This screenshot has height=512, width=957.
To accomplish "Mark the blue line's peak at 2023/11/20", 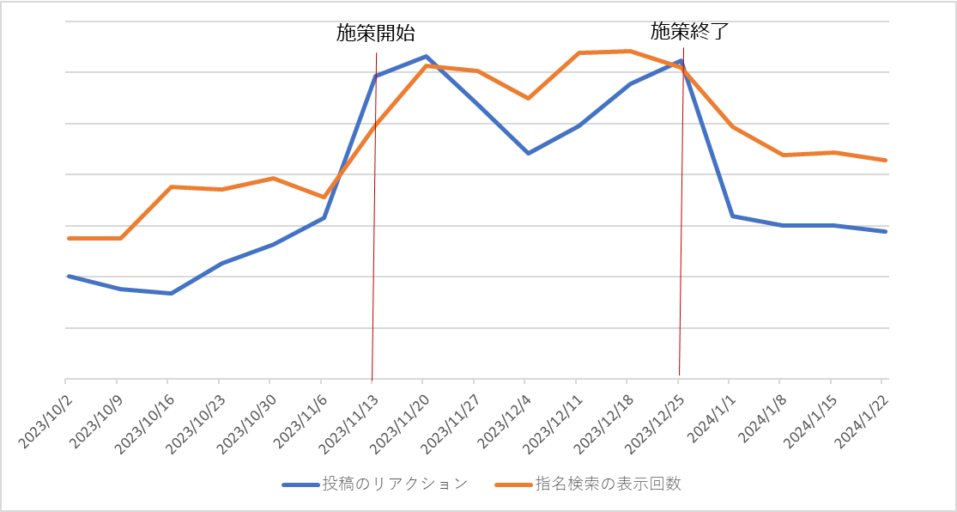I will (426, 57).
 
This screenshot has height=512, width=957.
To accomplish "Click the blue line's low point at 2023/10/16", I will (171, 294).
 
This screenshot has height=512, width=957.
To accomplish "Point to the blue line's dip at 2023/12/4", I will (528, 153).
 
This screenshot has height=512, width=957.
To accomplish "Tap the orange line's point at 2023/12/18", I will (630, 52).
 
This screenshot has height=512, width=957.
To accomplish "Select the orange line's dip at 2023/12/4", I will (528, 99).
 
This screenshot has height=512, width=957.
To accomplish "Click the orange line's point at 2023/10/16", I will (171, 186).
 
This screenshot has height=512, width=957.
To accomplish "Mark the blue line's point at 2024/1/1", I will (732, 216).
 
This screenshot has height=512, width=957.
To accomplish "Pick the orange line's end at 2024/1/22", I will (886, 161).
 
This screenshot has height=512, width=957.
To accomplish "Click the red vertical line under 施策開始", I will (374, 258).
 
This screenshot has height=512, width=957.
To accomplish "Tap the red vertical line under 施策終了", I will (681, 258).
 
